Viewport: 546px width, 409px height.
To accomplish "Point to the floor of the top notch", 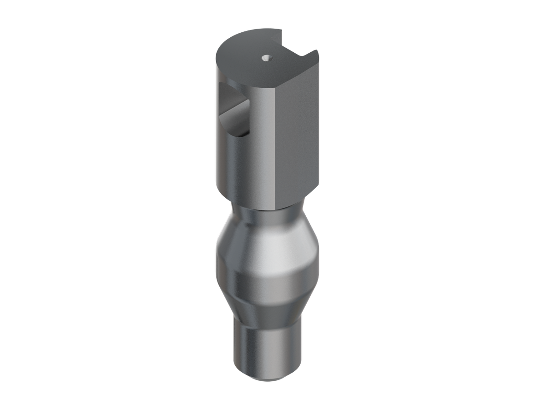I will tap(291, 49).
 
